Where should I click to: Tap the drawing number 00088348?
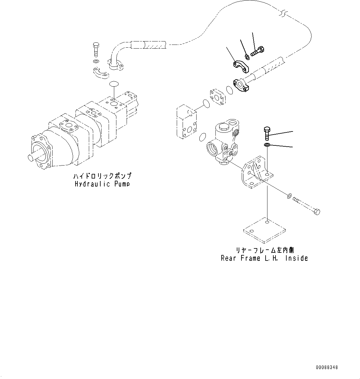click(x=327, y=367)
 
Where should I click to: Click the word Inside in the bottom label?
click(x=296, y=258)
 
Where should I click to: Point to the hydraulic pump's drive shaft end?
click(x=31, y=157)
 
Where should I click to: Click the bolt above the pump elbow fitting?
click(x=96, y=50)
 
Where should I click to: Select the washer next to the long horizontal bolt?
click(x=289, y=195)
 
